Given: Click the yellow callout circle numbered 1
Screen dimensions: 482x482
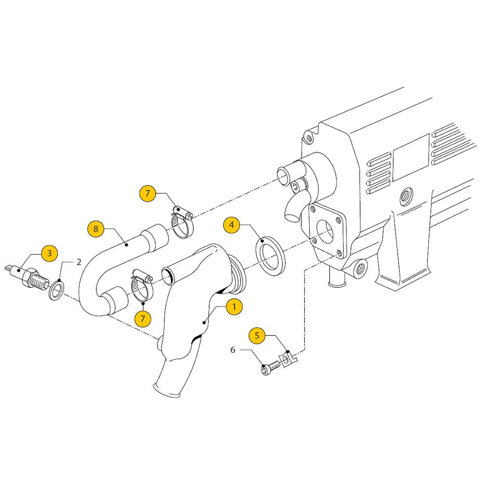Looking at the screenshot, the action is point(234,307).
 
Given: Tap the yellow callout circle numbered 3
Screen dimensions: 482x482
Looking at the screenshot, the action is point(50,253).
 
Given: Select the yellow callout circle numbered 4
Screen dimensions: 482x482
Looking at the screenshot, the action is point(231,225).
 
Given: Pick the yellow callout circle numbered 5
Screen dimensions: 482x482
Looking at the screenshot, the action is point(257,335).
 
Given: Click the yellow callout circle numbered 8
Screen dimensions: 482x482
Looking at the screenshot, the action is point(96,228).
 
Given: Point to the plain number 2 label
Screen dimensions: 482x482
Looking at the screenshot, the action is point(79,262).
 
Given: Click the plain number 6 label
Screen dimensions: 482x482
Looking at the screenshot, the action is point(233,350).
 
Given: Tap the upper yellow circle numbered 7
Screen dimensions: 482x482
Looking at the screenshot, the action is point(147,193).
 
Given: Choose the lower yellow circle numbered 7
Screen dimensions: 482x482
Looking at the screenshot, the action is point(143,318).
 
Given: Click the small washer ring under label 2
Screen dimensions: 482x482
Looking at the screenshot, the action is point(56,290).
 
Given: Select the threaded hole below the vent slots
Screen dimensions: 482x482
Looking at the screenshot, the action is point(406,197).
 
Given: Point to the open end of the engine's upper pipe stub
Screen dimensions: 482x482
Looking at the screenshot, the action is point(283,176).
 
